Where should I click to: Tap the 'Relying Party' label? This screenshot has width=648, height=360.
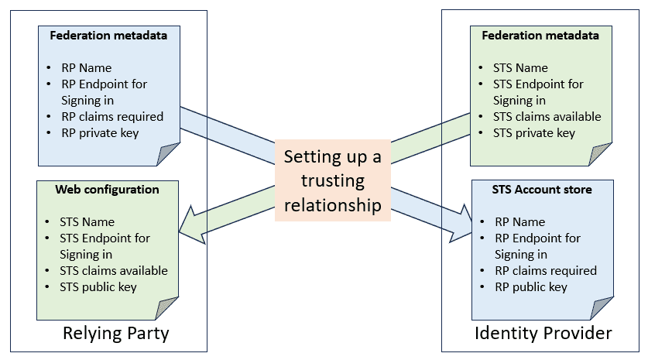(x=115, y=334)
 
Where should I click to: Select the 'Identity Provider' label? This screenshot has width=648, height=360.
(x=543, y=334)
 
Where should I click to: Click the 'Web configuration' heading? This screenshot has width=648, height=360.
(x=107, y=190)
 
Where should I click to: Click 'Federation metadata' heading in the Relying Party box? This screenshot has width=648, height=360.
(x=108, y=35)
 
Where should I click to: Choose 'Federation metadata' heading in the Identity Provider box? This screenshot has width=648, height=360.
(x=540, y=35)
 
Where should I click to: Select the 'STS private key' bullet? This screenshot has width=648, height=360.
(x=534, y=132)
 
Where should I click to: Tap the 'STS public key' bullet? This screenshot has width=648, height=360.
(x=98, y=286)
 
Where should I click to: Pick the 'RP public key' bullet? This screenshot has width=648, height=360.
(x=531, y=286)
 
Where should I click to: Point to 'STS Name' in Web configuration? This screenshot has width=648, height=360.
(x=87, y=222)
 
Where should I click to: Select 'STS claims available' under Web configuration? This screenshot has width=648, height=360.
(x=114, y=270)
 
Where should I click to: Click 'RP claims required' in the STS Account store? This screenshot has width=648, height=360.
(x=546, y=270)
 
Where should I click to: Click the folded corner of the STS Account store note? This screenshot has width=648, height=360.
(x=602, y=308)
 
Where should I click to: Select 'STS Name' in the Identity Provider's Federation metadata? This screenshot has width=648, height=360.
(x=520, y=68)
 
